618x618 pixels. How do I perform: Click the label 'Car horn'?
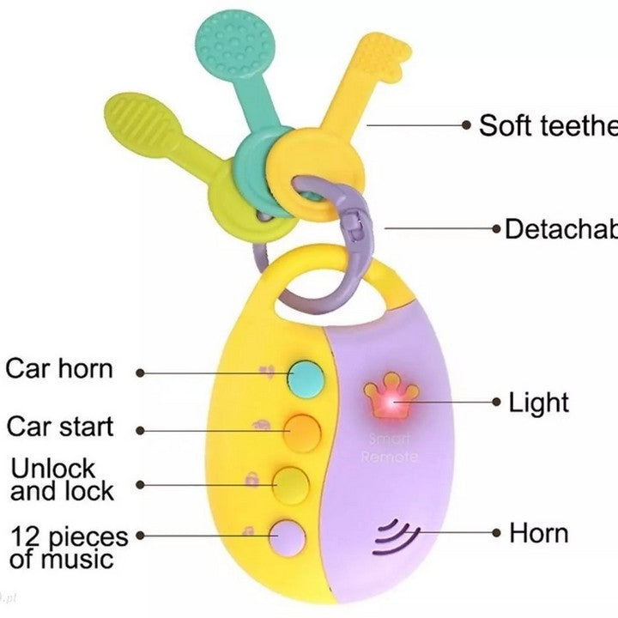click(59, 370)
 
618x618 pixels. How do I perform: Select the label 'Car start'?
click(60, 427)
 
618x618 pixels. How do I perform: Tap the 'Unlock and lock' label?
click(62, 480)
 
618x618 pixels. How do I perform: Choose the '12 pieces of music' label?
click(69, 548)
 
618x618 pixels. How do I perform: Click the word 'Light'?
click(539, 402)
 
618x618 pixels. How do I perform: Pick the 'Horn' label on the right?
click(539, 533)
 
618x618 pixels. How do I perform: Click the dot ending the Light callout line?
click(496, 402)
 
